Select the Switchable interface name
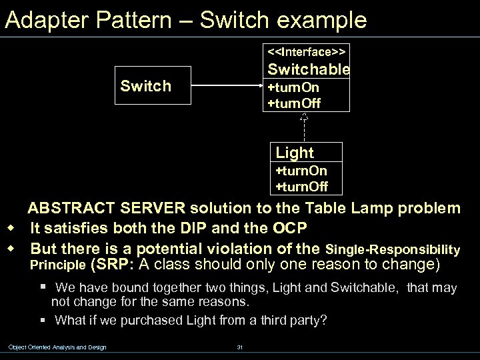tap(308, 69)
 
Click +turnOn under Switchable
tap(293, 88)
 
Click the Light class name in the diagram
tap(294, 153)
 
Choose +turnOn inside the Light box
tap(301, 171)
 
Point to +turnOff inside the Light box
tap(301, 186)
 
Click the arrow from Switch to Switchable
tap(226, 86)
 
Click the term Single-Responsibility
tap(393, 250)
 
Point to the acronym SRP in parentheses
tap(117, 265)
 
